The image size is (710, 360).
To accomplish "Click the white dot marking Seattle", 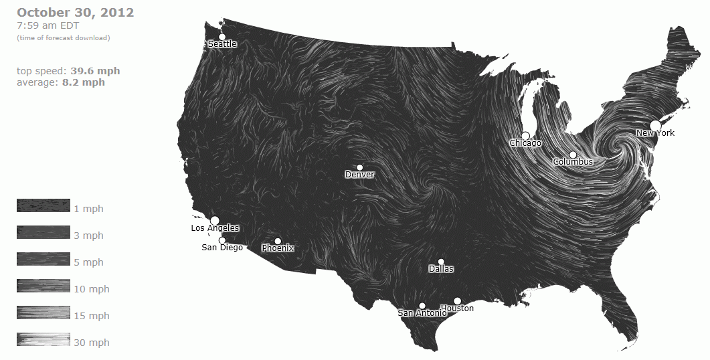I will (222, 37).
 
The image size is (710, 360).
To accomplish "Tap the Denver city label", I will (360, 175).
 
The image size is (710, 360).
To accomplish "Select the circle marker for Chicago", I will (526, 136).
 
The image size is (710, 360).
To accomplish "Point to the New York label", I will (655, 133).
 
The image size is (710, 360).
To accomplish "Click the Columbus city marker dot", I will (573, 155).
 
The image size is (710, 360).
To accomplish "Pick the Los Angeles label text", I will (215, 228).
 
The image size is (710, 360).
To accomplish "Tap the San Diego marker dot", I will (222, 240).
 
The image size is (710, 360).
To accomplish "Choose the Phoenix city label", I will (278, 248).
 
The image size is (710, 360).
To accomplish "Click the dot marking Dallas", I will (441, 262).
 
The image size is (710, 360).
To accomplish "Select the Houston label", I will (457, 308).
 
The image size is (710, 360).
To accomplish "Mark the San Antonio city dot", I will (422, 306).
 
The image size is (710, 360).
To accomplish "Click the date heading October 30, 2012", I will (75, 13).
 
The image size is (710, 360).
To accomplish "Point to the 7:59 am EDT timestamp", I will (48, 26).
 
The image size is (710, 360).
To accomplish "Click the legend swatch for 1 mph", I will (43, 205).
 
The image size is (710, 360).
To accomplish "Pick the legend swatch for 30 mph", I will (43, 339).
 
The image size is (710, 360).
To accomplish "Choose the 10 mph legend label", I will (91, 289).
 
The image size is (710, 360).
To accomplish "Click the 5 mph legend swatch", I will (43, 259).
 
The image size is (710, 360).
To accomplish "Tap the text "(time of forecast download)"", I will (64, 37).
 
